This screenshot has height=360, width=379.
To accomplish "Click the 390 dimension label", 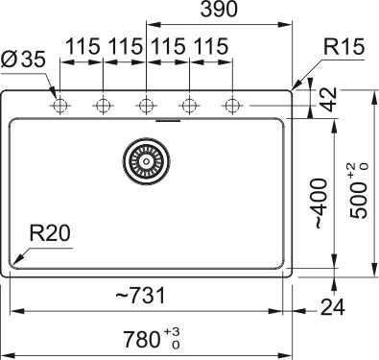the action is point(219,9).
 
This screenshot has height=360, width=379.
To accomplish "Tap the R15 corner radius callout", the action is point(343,47).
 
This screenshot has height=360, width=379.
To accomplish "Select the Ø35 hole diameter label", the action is point(23,60).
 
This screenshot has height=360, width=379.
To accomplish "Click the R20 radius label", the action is point(50,233).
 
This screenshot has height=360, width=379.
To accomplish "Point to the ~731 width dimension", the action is point(141,296).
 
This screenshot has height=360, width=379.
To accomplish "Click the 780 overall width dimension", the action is point(142,339).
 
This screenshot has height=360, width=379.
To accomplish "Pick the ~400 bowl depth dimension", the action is point(320,204).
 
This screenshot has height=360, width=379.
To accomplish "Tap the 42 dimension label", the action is point(328,100).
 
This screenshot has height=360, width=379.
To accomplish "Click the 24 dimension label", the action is point(333,307).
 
